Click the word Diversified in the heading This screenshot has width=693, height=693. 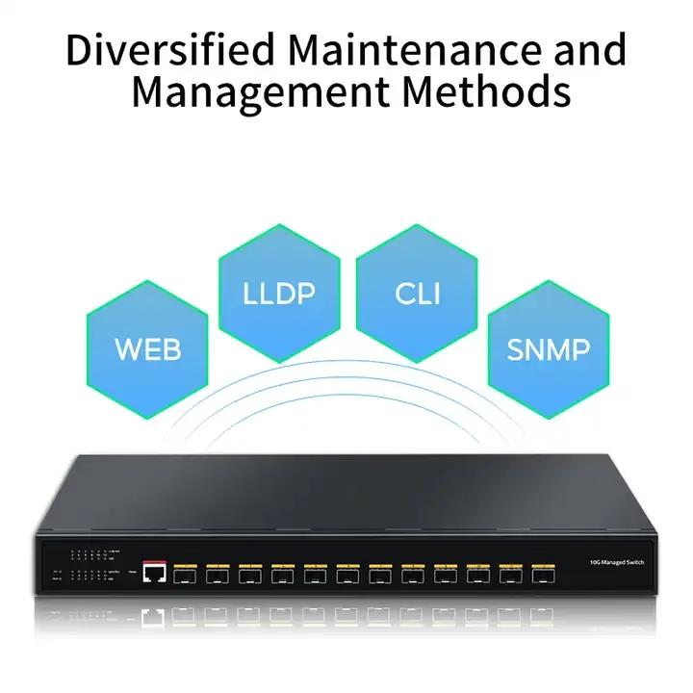[x=160, y=49]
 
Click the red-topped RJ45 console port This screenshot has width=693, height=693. [x=153, y=573]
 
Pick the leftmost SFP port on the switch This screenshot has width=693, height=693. [x=185, y=574]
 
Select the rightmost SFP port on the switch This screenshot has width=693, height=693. [x=544, y=574]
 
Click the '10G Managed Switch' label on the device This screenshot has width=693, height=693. [x=616, y=560]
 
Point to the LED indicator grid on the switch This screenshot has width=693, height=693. [x=91, y=566]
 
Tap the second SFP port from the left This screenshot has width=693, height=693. [x=218, y=574]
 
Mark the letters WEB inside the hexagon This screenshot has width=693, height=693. [x=147, y=348]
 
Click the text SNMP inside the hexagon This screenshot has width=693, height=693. [x=549, y=348]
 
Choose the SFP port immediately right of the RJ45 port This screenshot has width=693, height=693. [x=185, y=574]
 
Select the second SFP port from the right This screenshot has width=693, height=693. [x=511, y=574]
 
